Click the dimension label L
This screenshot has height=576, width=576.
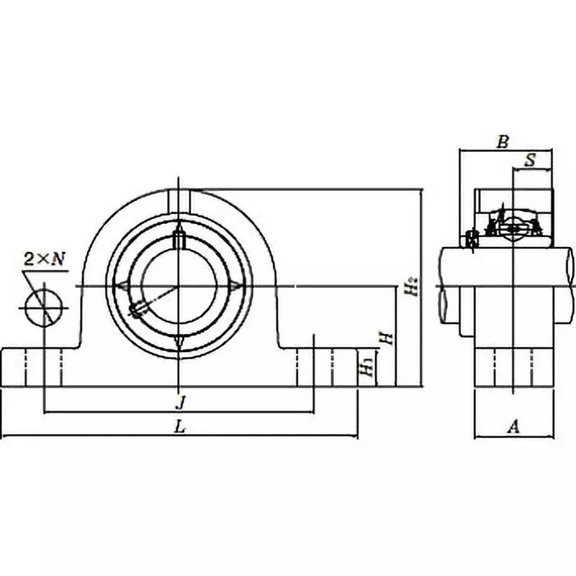click(180, 426)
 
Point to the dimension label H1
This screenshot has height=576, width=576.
click(366, 367)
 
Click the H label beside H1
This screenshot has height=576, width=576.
click(387, 337)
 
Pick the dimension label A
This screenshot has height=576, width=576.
click(513, 427)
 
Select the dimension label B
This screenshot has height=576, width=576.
click(503, 142)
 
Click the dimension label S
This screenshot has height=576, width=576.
click(530, 161)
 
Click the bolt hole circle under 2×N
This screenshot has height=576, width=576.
click(43, 307)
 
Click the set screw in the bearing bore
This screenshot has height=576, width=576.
click(138, 309)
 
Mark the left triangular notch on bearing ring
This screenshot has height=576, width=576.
click(122, 287)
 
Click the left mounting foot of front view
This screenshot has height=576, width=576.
click(32, 367)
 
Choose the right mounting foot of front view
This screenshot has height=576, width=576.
click(328, 367)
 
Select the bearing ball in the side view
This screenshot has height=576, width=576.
click(513, 229)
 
